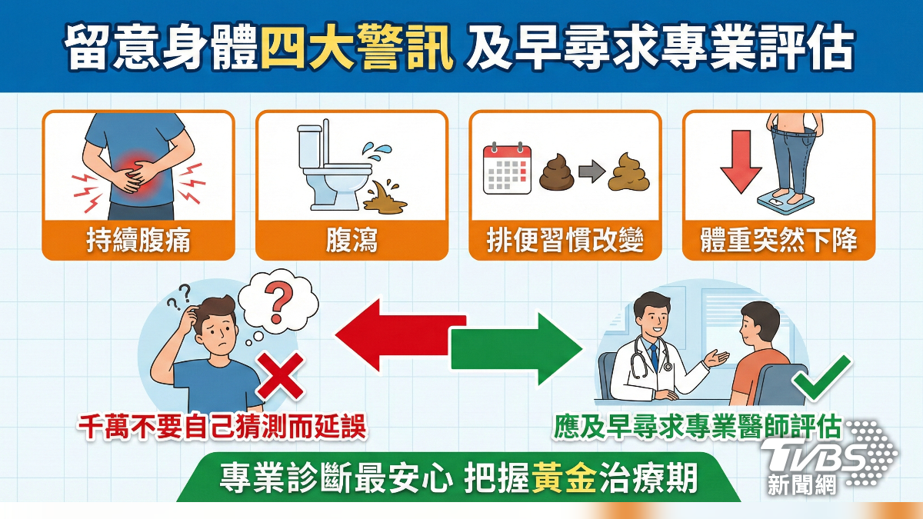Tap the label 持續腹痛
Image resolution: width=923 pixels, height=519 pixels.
pyautogui.click(x=138, y=241)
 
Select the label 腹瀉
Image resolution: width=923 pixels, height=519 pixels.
pyautogui.click(x=352, y=241)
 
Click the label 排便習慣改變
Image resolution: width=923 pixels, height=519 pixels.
pyautogui.click(x=565, y=241)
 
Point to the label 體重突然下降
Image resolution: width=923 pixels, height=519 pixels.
pyautogui.click(x=778, y=241)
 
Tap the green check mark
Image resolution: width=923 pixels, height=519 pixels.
pyautogui.click(x=821, y=378)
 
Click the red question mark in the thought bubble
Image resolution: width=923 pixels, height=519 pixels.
pyautogui.click(x=278, y=303)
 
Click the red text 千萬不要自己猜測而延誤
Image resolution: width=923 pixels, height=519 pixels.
pyautogui.click(x=223, y=428)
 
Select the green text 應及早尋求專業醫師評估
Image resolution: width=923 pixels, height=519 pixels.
pyautogui.click(x=696, y=428)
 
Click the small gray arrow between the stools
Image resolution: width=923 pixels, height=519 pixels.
pyautogui.click(x=590, y=174)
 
